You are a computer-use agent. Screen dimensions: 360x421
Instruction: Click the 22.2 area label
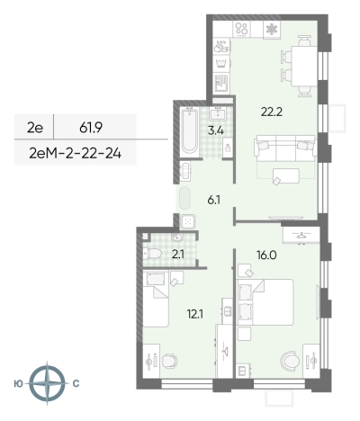click(272, 112)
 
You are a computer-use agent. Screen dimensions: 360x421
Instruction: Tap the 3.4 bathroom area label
click(216, 131)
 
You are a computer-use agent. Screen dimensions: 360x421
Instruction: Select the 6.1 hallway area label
click(214, 200)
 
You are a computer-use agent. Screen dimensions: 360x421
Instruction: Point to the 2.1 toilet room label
click(178, 255)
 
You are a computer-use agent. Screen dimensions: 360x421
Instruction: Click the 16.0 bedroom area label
click(266, 255)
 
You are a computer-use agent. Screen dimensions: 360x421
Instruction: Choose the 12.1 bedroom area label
click(195, 314)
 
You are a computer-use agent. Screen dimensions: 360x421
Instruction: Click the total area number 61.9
click(91, 129)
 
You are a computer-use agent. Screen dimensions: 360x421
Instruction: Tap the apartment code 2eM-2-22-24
click(76, 154)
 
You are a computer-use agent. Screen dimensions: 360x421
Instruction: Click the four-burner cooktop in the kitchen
click(241, 29)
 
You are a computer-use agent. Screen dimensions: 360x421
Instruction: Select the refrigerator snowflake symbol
click(272, 30)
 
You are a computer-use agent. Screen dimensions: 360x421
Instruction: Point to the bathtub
click(190, 130)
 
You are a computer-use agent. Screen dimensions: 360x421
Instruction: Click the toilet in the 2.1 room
click(152, 254)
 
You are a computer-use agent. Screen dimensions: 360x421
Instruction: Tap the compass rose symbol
click(48, 383)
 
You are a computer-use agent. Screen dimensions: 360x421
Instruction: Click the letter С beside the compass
click(76, 383)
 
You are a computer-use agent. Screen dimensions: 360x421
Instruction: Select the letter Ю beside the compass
click(18, 383)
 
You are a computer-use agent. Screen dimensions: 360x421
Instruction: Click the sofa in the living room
click(285, 148)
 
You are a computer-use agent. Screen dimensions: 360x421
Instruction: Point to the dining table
click(304, 66)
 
